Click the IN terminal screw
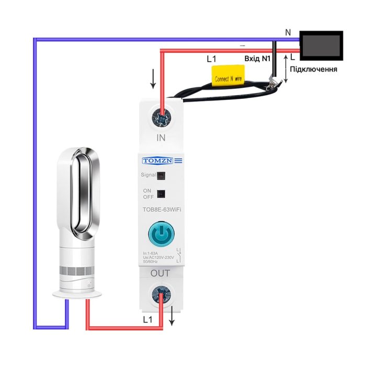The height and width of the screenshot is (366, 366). pos(162,118)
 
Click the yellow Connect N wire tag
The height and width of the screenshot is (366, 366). pos(228,77)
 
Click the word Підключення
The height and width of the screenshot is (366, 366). pos(313,69)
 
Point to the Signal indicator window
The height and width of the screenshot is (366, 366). pos(161,176)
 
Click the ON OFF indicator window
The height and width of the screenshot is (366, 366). pos(161,193)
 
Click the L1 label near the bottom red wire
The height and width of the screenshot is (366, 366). pos(148,318)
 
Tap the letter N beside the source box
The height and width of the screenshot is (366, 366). pos(288,32)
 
